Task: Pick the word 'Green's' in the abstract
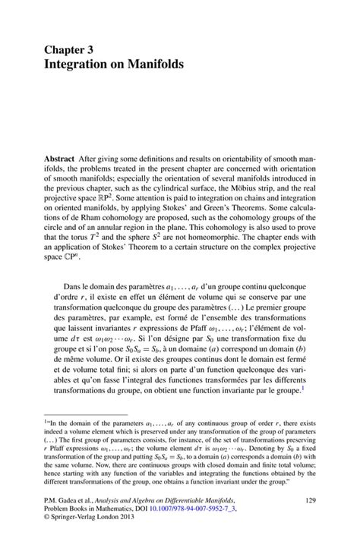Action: coord(229,204)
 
